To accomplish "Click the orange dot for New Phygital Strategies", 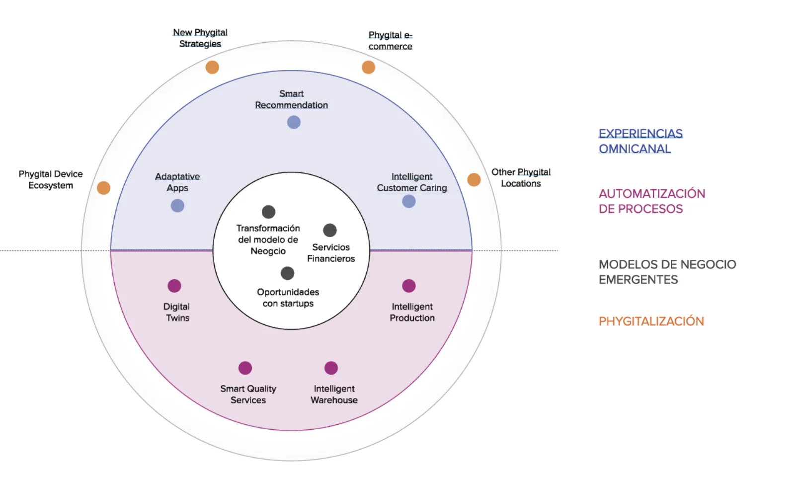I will (x=212, y=67).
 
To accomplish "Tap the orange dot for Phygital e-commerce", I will (x=368, y=67).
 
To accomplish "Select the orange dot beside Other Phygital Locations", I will (x=474, y=180).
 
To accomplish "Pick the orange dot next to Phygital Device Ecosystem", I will (x=103, y=188).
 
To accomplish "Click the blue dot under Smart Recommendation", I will (x=294, y=122).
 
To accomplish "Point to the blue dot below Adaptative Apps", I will (x=177, y=206).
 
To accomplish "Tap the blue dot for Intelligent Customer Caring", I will (x=409, y=201).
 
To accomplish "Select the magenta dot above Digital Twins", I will (x=174, y=286).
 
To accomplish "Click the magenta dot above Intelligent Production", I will (x=409, y=286).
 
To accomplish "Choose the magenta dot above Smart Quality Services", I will (x=245, y=368).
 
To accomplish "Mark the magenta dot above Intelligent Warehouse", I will (x=331, y=368).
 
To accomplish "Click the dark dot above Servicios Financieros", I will (x=330, y=230).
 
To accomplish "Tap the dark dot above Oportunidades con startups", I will (x=288, y=273).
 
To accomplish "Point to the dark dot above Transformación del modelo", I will (x=268, y=212).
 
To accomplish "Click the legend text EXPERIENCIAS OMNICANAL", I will (x=640, y=141).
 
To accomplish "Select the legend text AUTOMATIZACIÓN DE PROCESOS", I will (x=651, y=201).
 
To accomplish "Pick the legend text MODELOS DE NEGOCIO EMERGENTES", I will (x=667, y=272).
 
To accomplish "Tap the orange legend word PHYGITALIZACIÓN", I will (x=651, y=321).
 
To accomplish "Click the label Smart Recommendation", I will (x=291, y=99).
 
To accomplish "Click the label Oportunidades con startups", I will (x=288, y=298).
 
